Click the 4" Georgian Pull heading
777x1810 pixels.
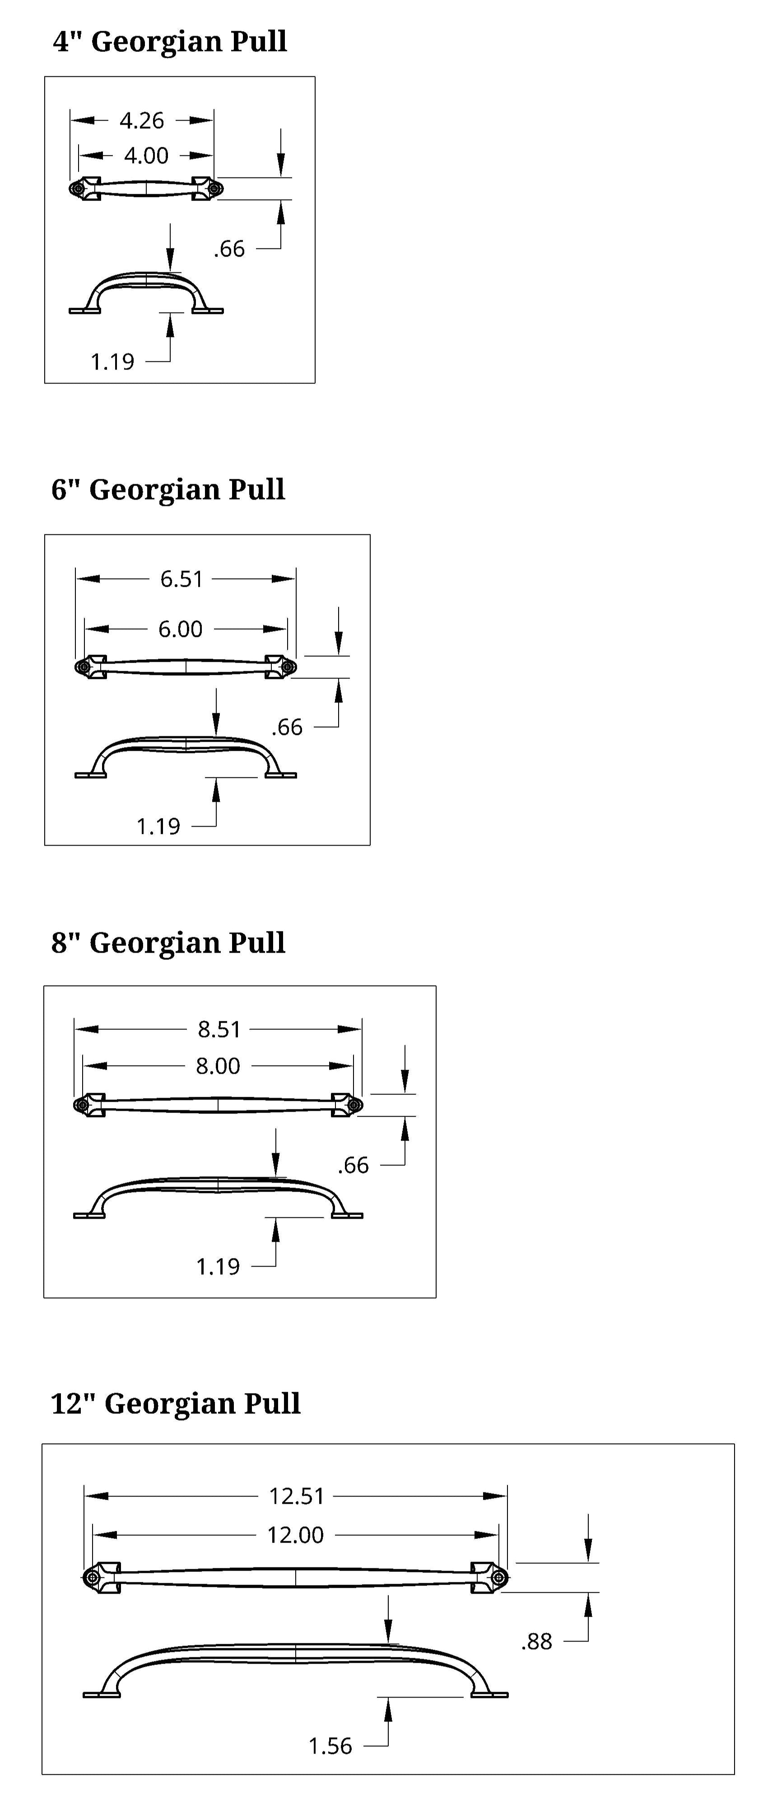tap(170, 42)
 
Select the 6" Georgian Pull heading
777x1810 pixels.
tap(168, 489)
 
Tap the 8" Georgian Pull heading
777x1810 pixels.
tap(168, 942)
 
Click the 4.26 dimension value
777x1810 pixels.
tap(142, 121)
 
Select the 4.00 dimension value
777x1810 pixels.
tap(146, 155)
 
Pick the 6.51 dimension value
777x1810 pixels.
tap(181, 579)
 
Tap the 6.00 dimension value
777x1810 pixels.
tap(181, 629)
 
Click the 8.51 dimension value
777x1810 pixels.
tap(219, 1029)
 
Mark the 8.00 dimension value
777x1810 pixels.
tap(218, 1066)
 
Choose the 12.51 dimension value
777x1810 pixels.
tap(297, 1496)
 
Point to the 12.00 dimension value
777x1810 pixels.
tap(295, 1535)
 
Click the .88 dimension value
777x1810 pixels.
tap(537, 1642)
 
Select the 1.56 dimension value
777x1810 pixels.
tap(330, 1746)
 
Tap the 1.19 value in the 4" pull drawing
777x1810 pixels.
tap(112, 362)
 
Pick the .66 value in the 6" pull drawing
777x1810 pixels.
tap(287, 727)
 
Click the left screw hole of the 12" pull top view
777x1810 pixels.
tap(91, 1578)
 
